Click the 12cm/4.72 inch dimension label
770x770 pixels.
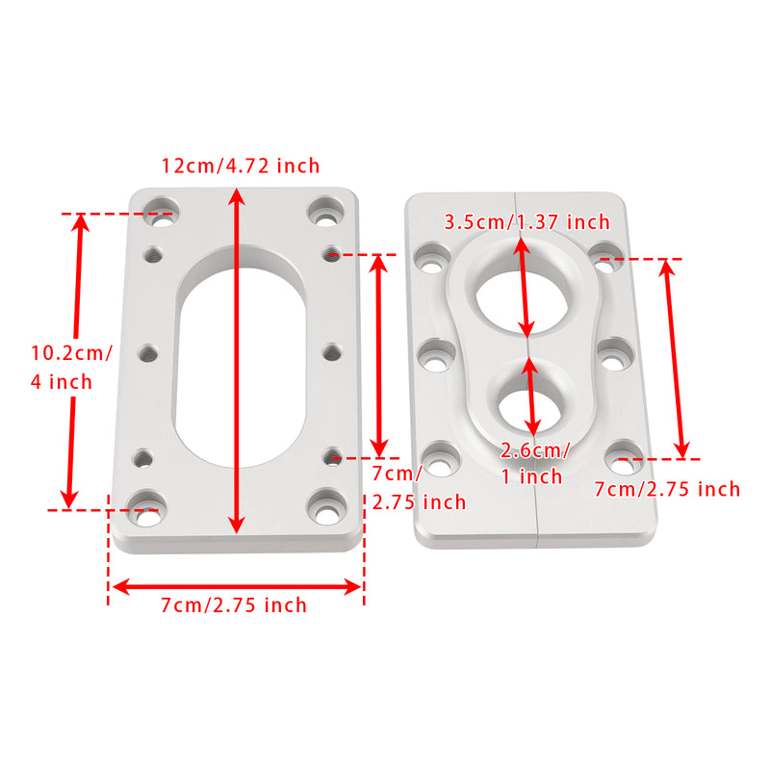pos(240,166)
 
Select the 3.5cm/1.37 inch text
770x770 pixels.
pos(526,222)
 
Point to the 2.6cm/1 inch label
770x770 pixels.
pos(535,463)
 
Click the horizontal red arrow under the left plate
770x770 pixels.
pos(236,585)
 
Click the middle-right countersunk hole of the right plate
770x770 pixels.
pos(613,354)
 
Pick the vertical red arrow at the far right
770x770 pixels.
pos(672,358)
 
